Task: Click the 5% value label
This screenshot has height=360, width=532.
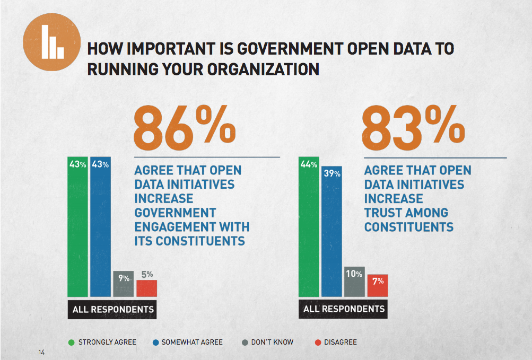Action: pos(147,274)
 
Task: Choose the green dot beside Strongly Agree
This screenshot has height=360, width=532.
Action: pos(72,342)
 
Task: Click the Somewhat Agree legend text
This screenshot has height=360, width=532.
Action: pos(191,342)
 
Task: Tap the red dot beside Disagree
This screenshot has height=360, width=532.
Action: pos(318,342)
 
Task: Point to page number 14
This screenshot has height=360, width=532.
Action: pos(41,353)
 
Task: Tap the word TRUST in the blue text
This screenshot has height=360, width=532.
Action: pos(383,213)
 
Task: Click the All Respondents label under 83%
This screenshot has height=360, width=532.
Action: pos(344,309)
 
